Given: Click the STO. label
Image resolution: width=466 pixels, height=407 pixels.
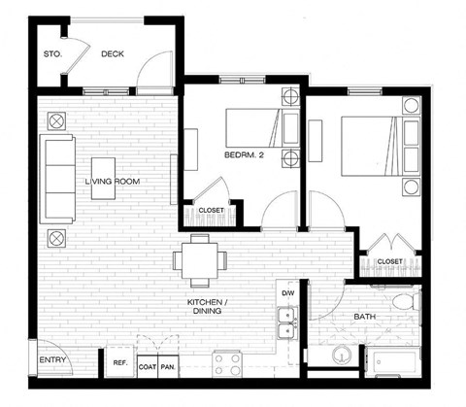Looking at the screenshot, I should click(x=52, y=54).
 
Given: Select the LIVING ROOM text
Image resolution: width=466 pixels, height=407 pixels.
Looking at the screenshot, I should click(x=109, y=181).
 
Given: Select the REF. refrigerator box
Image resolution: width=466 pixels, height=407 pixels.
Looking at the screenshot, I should click(x=120, y=362).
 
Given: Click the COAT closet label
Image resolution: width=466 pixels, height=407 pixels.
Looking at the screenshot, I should click(x=148, y=367).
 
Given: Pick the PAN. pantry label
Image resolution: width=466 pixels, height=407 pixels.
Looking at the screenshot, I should click(x=169, y=367).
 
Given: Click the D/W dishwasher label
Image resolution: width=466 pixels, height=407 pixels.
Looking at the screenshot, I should click(x=287, y=292).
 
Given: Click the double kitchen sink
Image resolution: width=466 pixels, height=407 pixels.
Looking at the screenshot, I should click(x=287, y=322).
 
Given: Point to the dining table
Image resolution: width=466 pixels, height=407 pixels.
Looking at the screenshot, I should click(x=202, y=258).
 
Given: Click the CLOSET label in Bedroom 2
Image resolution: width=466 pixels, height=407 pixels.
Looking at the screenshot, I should click(x=211, y=210).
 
